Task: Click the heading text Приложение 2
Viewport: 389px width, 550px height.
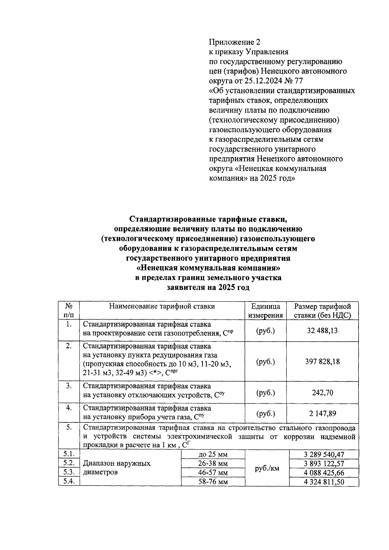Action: [234, 42]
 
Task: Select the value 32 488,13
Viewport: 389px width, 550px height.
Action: [322, 331]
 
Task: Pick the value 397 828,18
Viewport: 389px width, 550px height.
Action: [322, 361]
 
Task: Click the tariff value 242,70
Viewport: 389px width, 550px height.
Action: [322, 393]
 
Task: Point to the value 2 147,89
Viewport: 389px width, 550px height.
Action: [322, 413]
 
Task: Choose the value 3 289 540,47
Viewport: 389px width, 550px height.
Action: [324, 454]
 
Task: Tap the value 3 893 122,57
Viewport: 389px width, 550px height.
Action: [324, 464]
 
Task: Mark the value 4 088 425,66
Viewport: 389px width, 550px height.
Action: [324, 473]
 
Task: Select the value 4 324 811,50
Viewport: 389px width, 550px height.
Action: [324, 482]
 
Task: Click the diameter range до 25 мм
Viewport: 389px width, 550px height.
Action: [213, 454]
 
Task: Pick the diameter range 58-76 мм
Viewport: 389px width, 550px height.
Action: [213, 482]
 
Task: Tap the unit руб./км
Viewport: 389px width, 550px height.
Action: [267, 468]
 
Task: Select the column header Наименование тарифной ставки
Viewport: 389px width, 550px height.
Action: [162, 306]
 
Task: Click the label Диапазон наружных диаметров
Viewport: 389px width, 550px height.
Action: [117, 468]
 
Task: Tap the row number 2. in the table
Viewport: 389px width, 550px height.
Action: [69, 346]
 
